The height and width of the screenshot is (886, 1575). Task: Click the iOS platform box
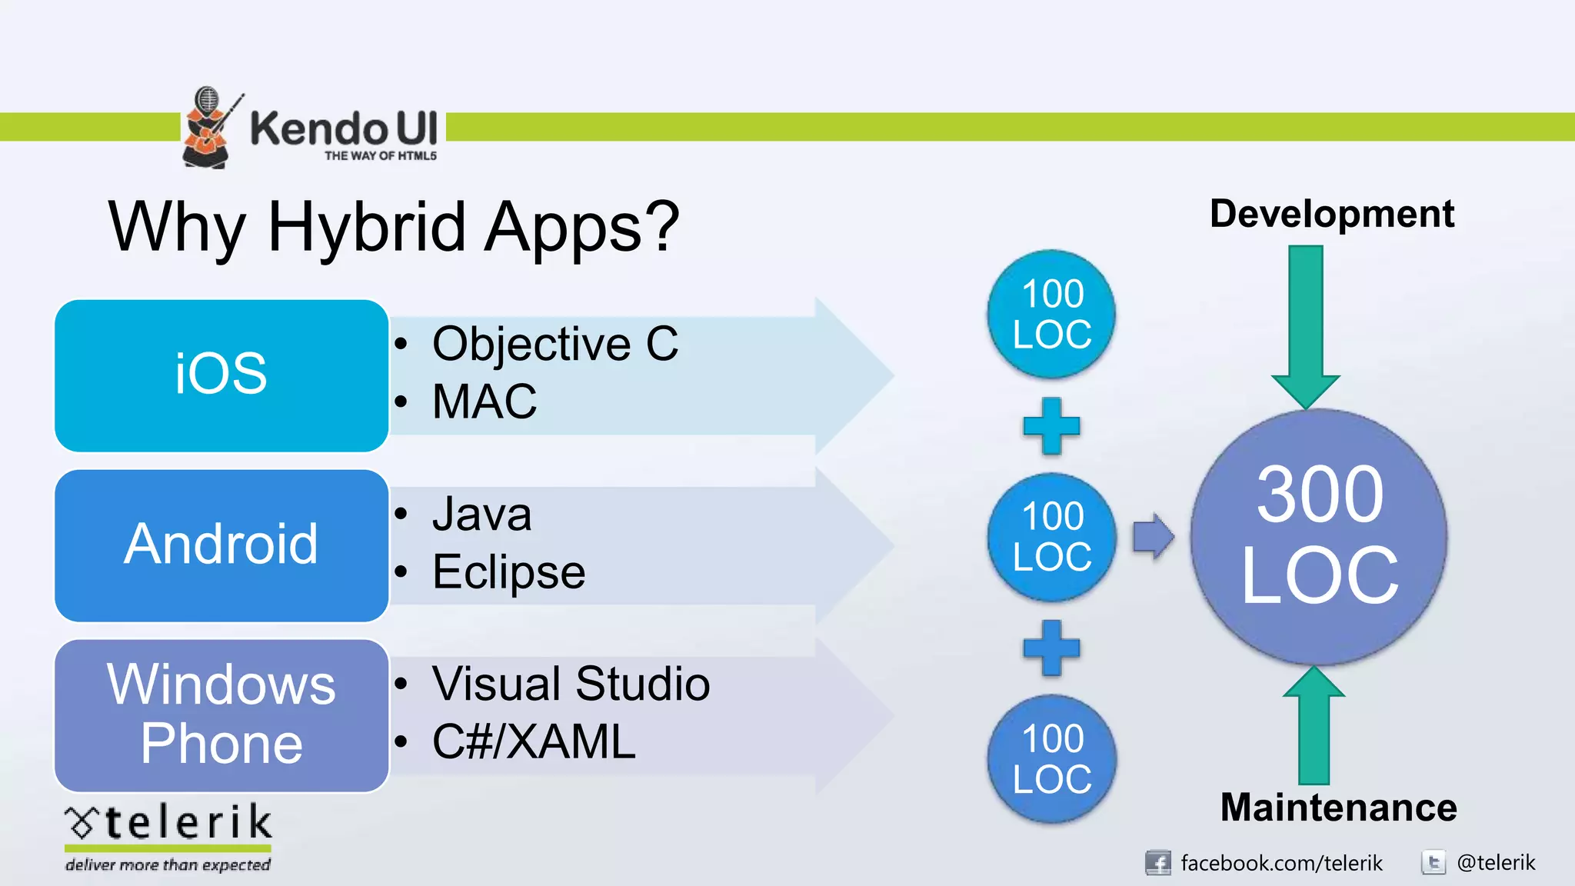click(x=221, y=375)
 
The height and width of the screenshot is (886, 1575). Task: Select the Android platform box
click(x=221, y=545)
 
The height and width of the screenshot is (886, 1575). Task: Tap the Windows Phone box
click(x=221, y=714)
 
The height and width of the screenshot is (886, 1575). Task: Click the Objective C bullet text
click(x=554, y=344)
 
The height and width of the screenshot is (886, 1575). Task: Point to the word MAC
click(x=484, y=401)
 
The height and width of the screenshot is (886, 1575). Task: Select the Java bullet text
click(x=481, y=514)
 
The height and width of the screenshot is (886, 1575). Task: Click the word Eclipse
click(x=508, y=572)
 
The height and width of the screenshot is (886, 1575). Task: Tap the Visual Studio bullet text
click(x=570, y=684)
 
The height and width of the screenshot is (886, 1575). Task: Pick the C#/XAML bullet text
click(x=534, y=742)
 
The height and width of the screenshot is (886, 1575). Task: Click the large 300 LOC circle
click(x=1319, y=536)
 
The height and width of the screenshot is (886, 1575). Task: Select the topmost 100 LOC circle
click(x=1051, y=314)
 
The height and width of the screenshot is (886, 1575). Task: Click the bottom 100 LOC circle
click(x=1051, y=758)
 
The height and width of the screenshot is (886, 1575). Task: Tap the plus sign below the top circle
click(x=1051, y=425)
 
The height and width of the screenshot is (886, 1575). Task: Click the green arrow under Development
click(x=1306, y=323)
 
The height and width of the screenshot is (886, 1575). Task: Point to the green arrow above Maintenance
click(x=1314, y=727)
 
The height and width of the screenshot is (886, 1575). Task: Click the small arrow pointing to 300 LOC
click(x=1153, y=536)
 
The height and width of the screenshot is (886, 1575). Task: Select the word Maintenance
click(x=1338, y=808)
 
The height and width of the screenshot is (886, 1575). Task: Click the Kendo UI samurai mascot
click(x=206, y=128)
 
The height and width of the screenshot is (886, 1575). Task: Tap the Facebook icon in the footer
click(x=1157, y=863)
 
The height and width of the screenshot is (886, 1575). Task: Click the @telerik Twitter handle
click(x=1496, y=863)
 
